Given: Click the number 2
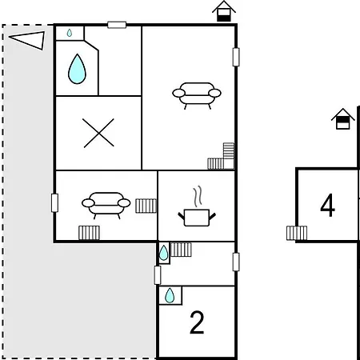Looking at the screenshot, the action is (x=197, y=322).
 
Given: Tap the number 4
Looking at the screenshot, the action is (x=327, y=205).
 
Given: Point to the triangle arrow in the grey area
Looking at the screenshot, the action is (x=28, y=40).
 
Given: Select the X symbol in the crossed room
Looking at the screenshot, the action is (x=98, y=133).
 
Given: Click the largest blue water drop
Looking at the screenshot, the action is (x=77, y=70).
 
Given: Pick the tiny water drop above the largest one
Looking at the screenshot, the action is (x=70, y=33).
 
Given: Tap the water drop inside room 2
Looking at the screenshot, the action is (x=170, y=295).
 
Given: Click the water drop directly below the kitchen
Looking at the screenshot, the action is (x=163, y=253).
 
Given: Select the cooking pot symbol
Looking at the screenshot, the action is (x=197, y=218).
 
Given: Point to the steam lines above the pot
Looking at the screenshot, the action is (x=198, y=197).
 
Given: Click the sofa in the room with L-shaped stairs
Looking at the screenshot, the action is (x=197, y=95).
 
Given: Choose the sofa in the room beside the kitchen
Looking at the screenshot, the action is (x=106, y=205).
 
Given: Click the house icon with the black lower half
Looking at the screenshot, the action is (x=224, y=11).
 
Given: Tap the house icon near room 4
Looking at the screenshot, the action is (x=343, y=119).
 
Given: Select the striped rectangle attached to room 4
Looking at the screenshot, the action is (x=297, y=233).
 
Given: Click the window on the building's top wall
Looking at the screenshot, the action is (x=117, y=25).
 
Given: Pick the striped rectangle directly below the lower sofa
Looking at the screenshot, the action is (x=89, y=233).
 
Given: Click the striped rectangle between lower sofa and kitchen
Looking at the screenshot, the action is (x=146, y=206).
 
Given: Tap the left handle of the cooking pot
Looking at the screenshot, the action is (x=181, y=216).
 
